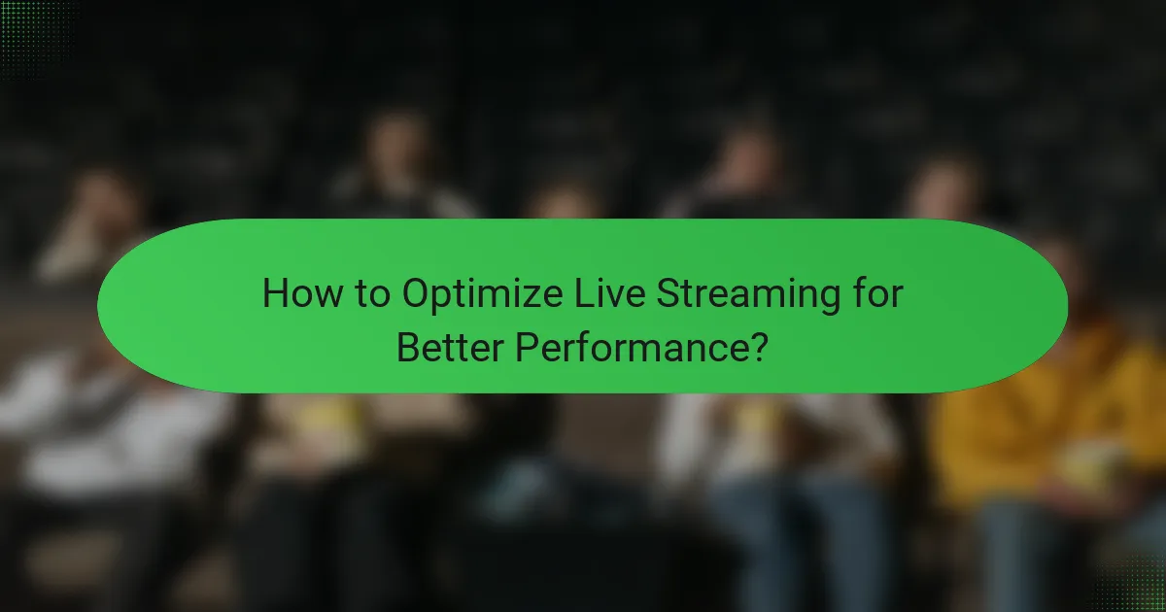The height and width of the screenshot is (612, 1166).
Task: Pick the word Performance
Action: pos(630,347)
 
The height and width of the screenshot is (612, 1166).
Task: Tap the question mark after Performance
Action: pos(759,347)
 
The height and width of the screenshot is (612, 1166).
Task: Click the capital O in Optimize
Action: pos(417,294)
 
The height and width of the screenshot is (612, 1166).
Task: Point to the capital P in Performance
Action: pos(527,347)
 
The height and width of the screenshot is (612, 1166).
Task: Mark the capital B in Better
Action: pos(407,347)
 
